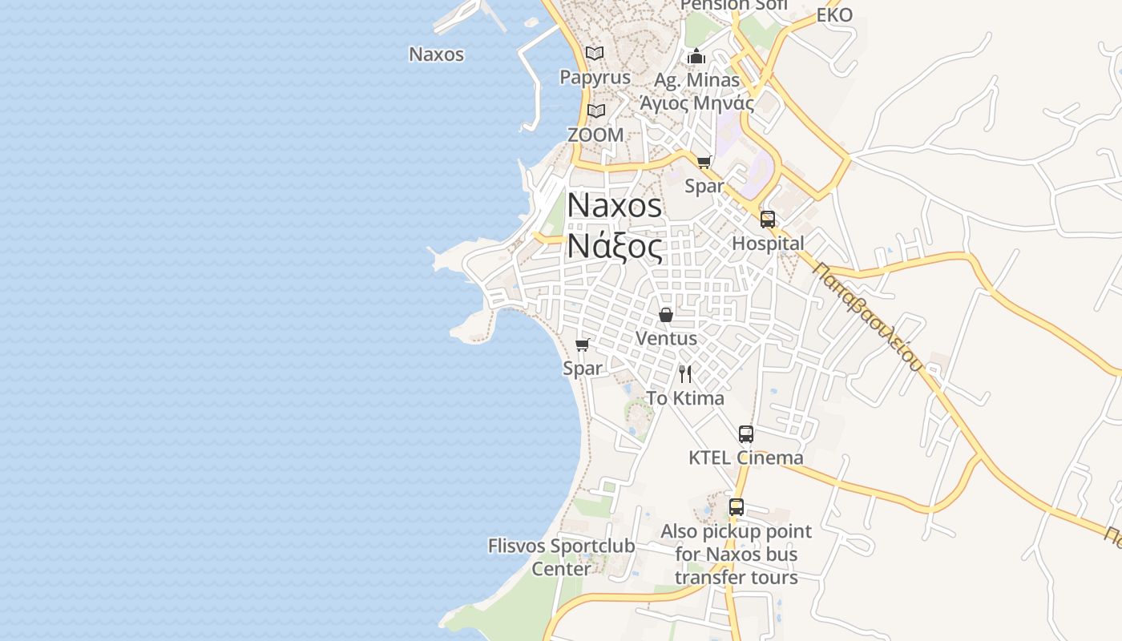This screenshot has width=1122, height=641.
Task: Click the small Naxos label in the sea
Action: (x=436, y=54)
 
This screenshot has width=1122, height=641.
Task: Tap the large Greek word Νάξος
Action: (x=615, y=246)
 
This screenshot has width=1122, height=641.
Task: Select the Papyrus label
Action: (x=595, y=78)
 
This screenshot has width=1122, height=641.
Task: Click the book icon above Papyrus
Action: (x=595, y=54)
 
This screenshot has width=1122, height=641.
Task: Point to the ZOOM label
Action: (x=595, y=135)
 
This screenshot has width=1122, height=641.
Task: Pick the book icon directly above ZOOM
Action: (x=595, y=111)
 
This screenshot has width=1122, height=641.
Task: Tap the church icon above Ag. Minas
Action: (x=696, y=56)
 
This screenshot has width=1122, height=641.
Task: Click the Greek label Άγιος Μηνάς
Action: (x=696, y=103)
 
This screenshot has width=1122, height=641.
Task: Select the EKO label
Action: (x=834, y=15)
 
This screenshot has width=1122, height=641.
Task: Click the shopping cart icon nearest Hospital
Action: (x=704, y=163)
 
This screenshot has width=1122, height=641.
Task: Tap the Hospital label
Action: (x=768, y=244)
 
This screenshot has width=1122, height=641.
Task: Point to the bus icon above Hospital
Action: (x=768, y=220)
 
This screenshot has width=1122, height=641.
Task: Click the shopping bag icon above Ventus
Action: (x=665, y=315)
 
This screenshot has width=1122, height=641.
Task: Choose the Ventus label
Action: (x=665, y=338)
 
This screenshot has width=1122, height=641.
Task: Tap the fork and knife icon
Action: (x=685, y=374)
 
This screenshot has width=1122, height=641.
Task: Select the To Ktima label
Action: (x=685, y=398)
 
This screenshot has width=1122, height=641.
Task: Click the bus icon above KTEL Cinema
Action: (x=746, y=434)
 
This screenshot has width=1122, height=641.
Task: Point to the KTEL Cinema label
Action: (x=746, y=458)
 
